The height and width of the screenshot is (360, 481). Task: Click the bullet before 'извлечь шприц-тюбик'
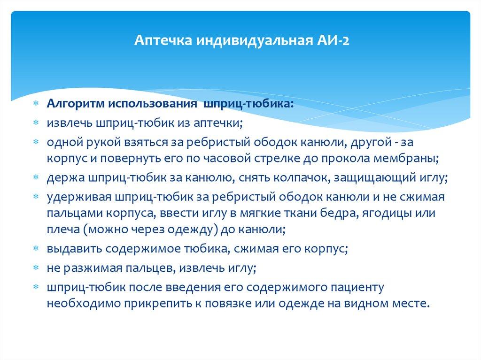pyautogui.click(x=36, y=123)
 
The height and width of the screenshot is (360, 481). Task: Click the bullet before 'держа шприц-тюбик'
pyautogui.click(x=36, y=178)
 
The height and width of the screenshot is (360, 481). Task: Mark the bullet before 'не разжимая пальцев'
pyautogui.click(x=36, y=268)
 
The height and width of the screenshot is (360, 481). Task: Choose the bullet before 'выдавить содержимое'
pyautogui.click(x=36, y=250)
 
